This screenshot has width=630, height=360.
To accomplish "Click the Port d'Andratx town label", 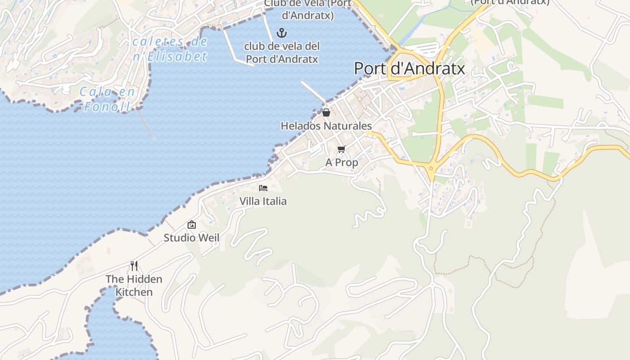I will [x=409, y=69].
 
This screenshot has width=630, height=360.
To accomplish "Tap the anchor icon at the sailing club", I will [x=282, y=32].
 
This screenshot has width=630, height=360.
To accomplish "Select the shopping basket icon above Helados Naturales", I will [x=326, y=112].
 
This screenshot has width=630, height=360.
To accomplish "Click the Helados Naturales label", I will [x=326, y=126].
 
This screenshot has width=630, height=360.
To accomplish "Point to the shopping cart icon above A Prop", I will [x=341, y=149].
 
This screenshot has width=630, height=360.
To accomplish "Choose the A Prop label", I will [x=342, y=162].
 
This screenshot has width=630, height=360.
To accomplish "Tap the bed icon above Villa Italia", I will [x=263, y=188].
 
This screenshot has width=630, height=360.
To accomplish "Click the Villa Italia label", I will [x=263, y=201].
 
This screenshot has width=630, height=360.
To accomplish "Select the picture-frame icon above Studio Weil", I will [x=192, y=225].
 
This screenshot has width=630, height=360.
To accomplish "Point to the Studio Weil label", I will [x=191, y=238].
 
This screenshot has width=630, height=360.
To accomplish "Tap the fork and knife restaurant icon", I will [x=134, y=265].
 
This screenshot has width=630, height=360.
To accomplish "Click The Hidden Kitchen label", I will [x=134, y=285].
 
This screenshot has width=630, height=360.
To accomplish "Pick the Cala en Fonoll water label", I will [x=108, y=99].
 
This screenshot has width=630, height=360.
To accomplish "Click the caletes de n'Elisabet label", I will [x=170, y=49].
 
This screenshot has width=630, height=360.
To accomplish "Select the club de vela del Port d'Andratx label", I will [x=282, y=53].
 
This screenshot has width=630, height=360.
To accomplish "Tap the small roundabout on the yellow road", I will [x=431, y=169].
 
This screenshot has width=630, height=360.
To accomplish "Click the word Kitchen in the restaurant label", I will [x=134, y=292].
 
